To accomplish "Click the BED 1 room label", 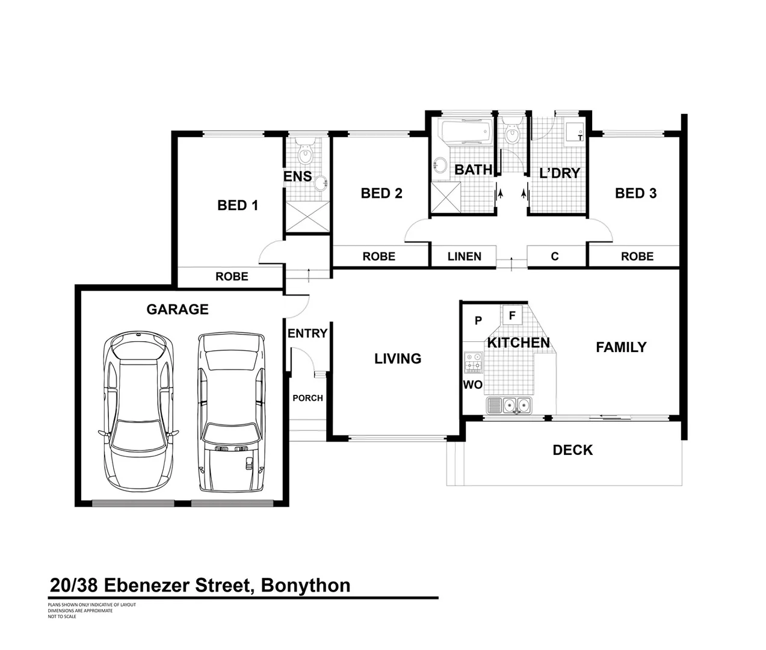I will pos(238,206).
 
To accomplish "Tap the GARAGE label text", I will pos(178,309).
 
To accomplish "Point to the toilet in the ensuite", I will pos(307,153).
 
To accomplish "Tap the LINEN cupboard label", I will pos(464,256).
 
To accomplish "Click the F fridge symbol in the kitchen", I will pos(513,315).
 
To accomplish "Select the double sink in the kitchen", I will pos(517,406).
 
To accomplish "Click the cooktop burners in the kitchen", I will pos(473,364).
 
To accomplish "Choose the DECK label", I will pos(573,450).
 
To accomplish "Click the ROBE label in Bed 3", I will pos(637,256).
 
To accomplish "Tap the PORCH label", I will pos(307,398).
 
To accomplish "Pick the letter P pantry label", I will pos(478,321).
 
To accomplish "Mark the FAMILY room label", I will pos(621,347).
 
